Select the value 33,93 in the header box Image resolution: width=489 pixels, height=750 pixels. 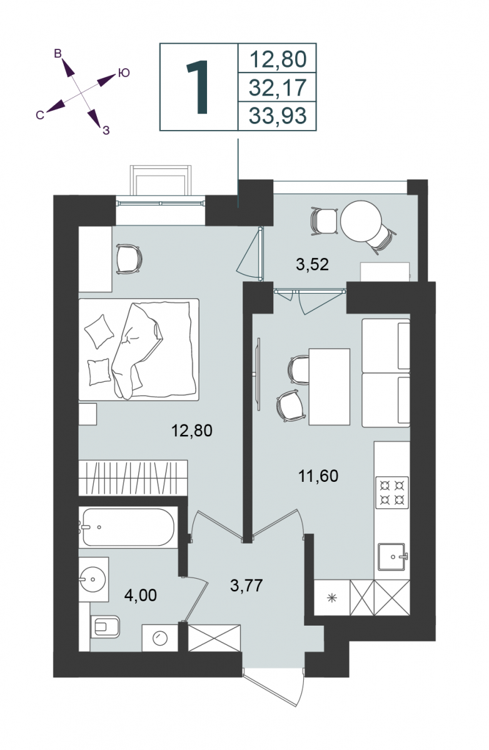[x=278, y=116]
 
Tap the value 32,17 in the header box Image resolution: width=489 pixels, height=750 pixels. [x=278, y=87]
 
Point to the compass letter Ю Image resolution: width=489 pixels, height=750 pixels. [x=124, y=72]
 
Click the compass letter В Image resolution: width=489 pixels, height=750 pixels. [x=58, y=54]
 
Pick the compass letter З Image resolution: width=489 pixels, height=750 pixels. [x=106, y=130]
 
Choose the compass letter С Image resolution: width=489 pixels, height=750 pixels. [x=40, y=115]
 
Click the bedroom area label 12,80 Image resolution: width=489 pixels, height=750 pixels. [x=191, y=431]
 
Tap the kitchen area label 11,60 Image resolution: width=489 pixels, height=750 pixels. [x=318, y=476]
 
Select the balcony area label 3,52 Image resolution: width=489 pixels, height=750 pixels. [x=312, y=264]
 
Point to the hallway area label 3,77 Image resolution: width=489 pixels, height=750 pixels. [x=246, y=586]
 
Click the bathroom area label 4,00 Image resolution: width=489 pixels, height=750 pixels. [x=140, y=595]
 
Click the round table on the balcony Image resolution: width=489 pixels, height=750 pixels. [x=361, y=221]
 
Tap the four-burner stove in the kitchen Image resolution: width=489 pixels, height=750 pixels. [x=392, y=492]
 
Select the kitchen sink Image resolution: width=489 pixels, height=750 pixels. [x=392, y=557]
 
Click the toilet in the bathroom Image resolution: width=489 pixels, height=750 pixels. [x=104, y=626]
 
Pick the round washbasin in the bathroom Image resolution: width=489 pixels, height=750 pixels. [x=93, y=579]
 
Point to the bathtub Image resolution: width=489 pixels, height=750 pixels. [x=128, y=527]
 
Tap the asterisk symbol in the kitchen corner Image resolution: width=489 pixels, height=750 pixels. [x=331, y=598]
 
